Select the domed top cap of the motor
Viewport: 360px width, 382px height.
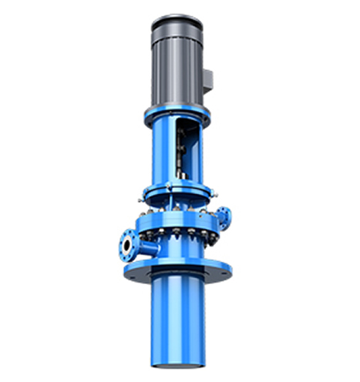click(x=176, y=21)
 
